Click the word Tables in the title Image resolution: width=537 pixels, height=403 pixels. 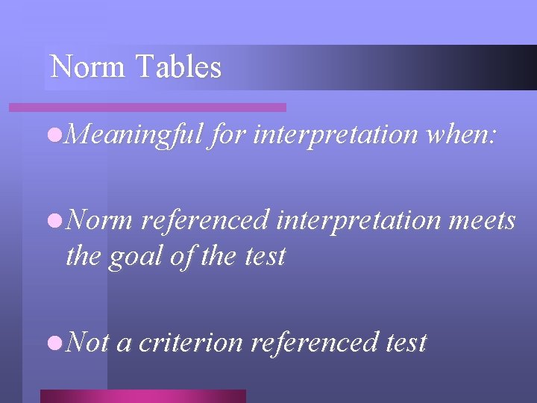point(179,67)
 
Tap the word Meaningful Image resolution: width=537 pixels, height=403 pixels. point(134,135)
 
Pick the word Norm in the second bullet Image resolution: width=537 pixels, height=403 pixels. point(100,221)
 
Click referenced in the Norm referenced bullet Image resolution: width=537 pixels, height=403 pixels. point(204,221)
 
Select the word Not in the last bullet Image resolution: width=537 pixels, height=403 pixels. point(87,343)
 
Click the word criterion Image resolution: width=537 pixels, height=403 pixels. point(191,343)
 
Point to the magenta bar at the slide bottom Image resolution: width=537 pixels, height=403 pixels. point(142,396)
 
